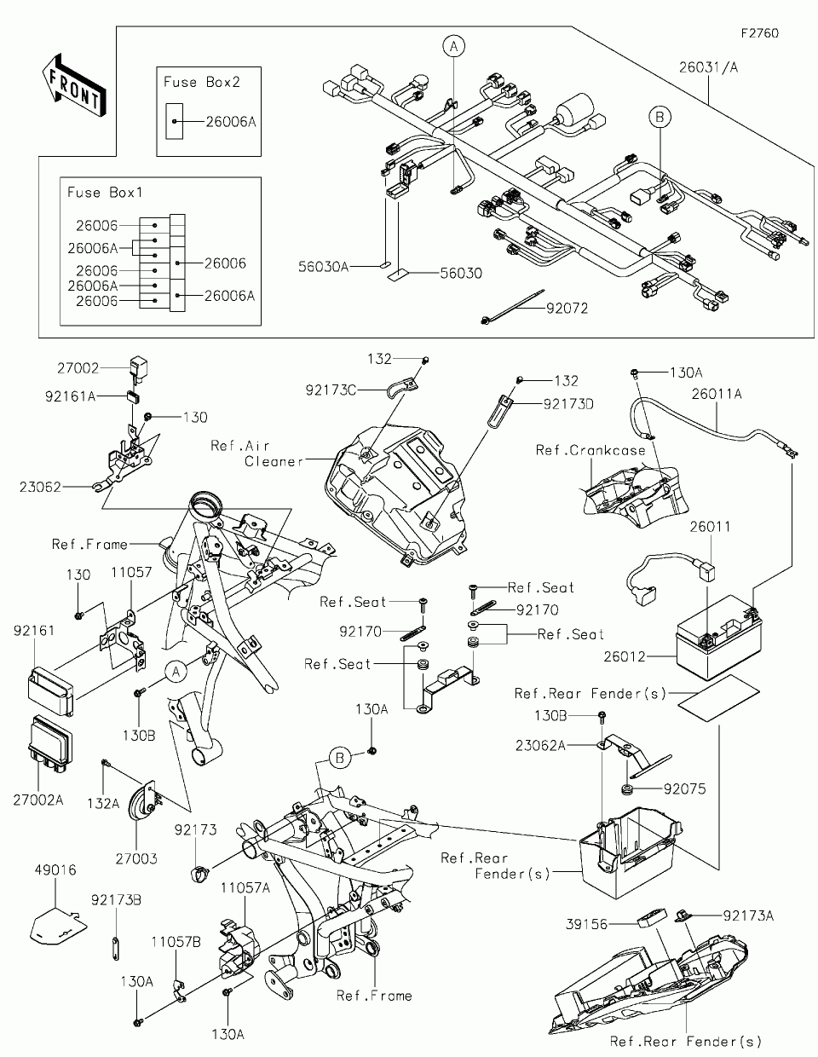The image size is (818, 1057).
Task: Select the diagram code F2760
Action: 759,34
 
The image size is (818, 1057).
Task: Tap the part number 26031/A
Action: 709,66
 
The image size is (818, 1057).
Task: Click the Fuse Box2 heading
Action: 201,82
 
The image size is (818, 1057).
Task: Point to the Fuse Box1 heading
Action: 106,193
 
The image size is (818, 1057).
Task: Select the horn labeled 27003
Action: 142,803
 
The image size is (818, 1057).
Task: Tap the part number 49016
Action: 56,870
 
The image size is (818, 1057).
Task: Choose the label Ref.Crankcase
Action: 590,450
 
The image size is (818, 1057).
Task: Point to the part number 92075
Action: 685,789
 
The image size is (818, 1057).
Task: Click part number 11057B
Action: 176,942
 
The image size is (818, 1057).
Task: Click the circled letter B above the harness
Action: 658,117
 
